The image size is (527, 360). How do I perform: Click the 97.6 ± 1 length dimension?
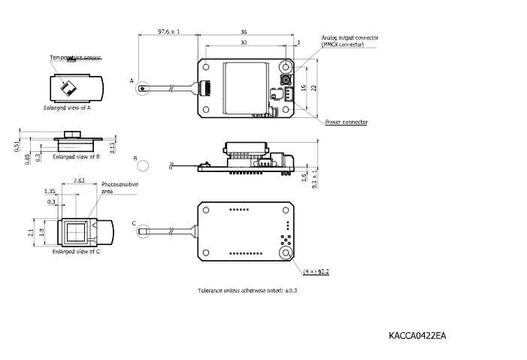pos(169,32)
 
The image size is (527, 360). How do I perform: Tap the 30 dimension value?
pos(242,43)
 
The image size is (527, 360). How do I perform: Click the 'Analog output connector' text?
pos(350,38)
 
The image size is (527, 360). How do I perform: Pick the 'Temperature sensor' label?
pos(74,58)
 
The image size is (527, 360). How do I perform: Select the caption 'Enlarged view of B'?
pos(76,157)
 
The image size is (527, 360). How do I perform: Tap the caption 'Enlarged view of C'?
pos(76,251)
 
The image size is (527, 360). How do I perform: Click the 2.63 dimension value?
pos(79,180)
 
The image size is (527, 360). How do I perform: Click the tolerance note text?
pos(247,290)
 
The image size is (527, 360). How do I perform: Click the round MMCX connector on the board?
pos(286,78)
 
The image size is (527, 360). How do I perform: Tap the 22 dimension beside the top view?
pos(315,87)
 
